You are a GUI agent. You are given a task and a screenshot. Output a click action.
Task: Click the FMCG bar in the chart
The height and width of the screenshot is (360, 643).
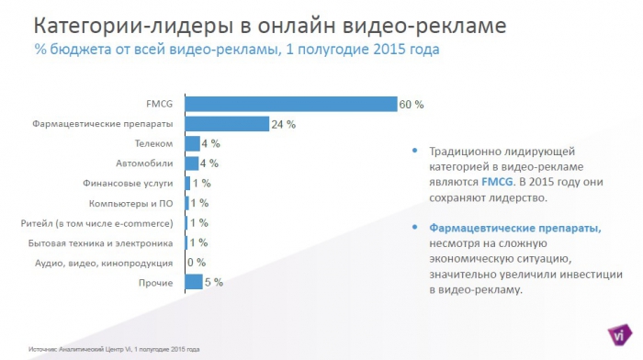point(290,104)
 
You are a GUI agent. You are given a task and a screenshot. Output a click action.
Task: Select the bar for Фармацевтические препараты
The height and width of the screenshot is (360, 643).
point(226,123)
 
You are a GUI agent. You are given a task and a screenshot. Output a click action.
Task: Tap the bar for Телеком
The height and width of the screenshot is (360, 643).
point(192,143)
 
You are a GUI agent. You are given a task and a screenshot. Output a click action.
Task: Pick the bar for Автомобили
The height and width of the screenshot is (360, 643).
point(192,163)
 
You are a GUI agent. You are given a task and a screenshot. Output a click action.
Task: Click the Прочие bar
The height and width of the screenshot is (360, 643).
point(193,282)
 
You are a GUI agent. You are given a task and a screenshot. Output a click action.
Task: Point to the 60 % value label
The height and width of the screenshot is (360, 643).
point(411,104)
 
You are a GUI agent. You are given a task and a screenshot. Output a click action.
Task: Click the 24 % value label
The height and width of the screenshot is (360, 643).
point(282,124)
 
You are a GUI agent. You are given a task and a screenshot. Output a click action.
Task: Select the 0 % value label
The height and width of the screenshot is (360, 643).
point(196,263)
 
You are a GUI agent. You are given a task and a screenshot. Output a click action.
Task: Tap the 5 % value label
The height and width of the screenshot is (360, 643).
point(213,282)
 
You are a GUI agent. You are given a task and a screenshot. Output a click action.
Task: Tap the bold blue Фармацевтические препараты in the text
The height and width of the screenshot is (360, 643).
point(513,227)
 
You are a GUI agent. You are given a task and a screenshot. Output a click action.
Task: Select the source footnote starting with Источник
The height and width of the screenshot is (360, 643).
point(114,350)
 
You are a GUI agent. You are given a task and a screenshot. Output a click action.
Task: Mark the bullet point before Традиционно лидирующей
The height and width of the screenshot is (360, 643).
point(415,151)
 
